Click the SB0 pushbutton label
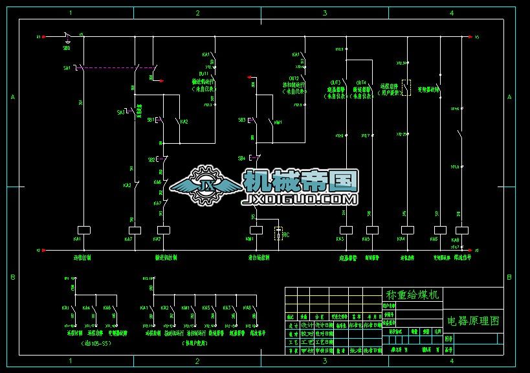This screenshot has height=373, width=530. point(67,48)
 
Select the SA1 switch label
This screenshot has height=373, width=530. point(67,67)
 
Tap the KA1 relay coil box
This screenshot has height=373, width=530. point(83,230)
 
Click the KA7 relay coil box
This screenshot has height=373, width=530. point(135,230)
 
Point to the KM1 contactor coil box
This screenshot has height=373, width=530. point(256,230)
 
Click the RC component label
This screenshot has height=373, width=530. point(286,234)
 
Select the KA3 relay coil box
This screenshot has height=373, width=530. point(346,230)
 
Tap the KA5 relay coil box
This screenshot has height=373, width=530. point(372,230)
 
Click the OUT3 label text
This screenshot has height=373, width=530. point(335,82)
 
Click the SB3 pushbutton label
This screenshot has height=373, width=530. point(241,120)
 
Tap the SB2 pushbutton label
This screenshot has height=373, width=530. point(151,159)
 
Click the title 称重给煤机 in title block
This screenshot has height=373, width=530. point(412,295)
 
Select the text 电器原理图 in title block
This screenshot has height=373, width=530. point(473,321)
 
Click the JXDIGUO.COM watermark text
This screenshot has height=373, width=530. point(299,199)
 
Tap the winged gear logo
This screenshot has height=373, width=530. point(205,185)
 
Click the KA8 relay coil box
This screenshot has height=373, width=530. point(462,230)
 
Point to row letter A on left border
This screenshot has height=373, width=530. point(12,97)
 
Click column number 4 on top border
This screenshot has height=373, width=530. point(451,13)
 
